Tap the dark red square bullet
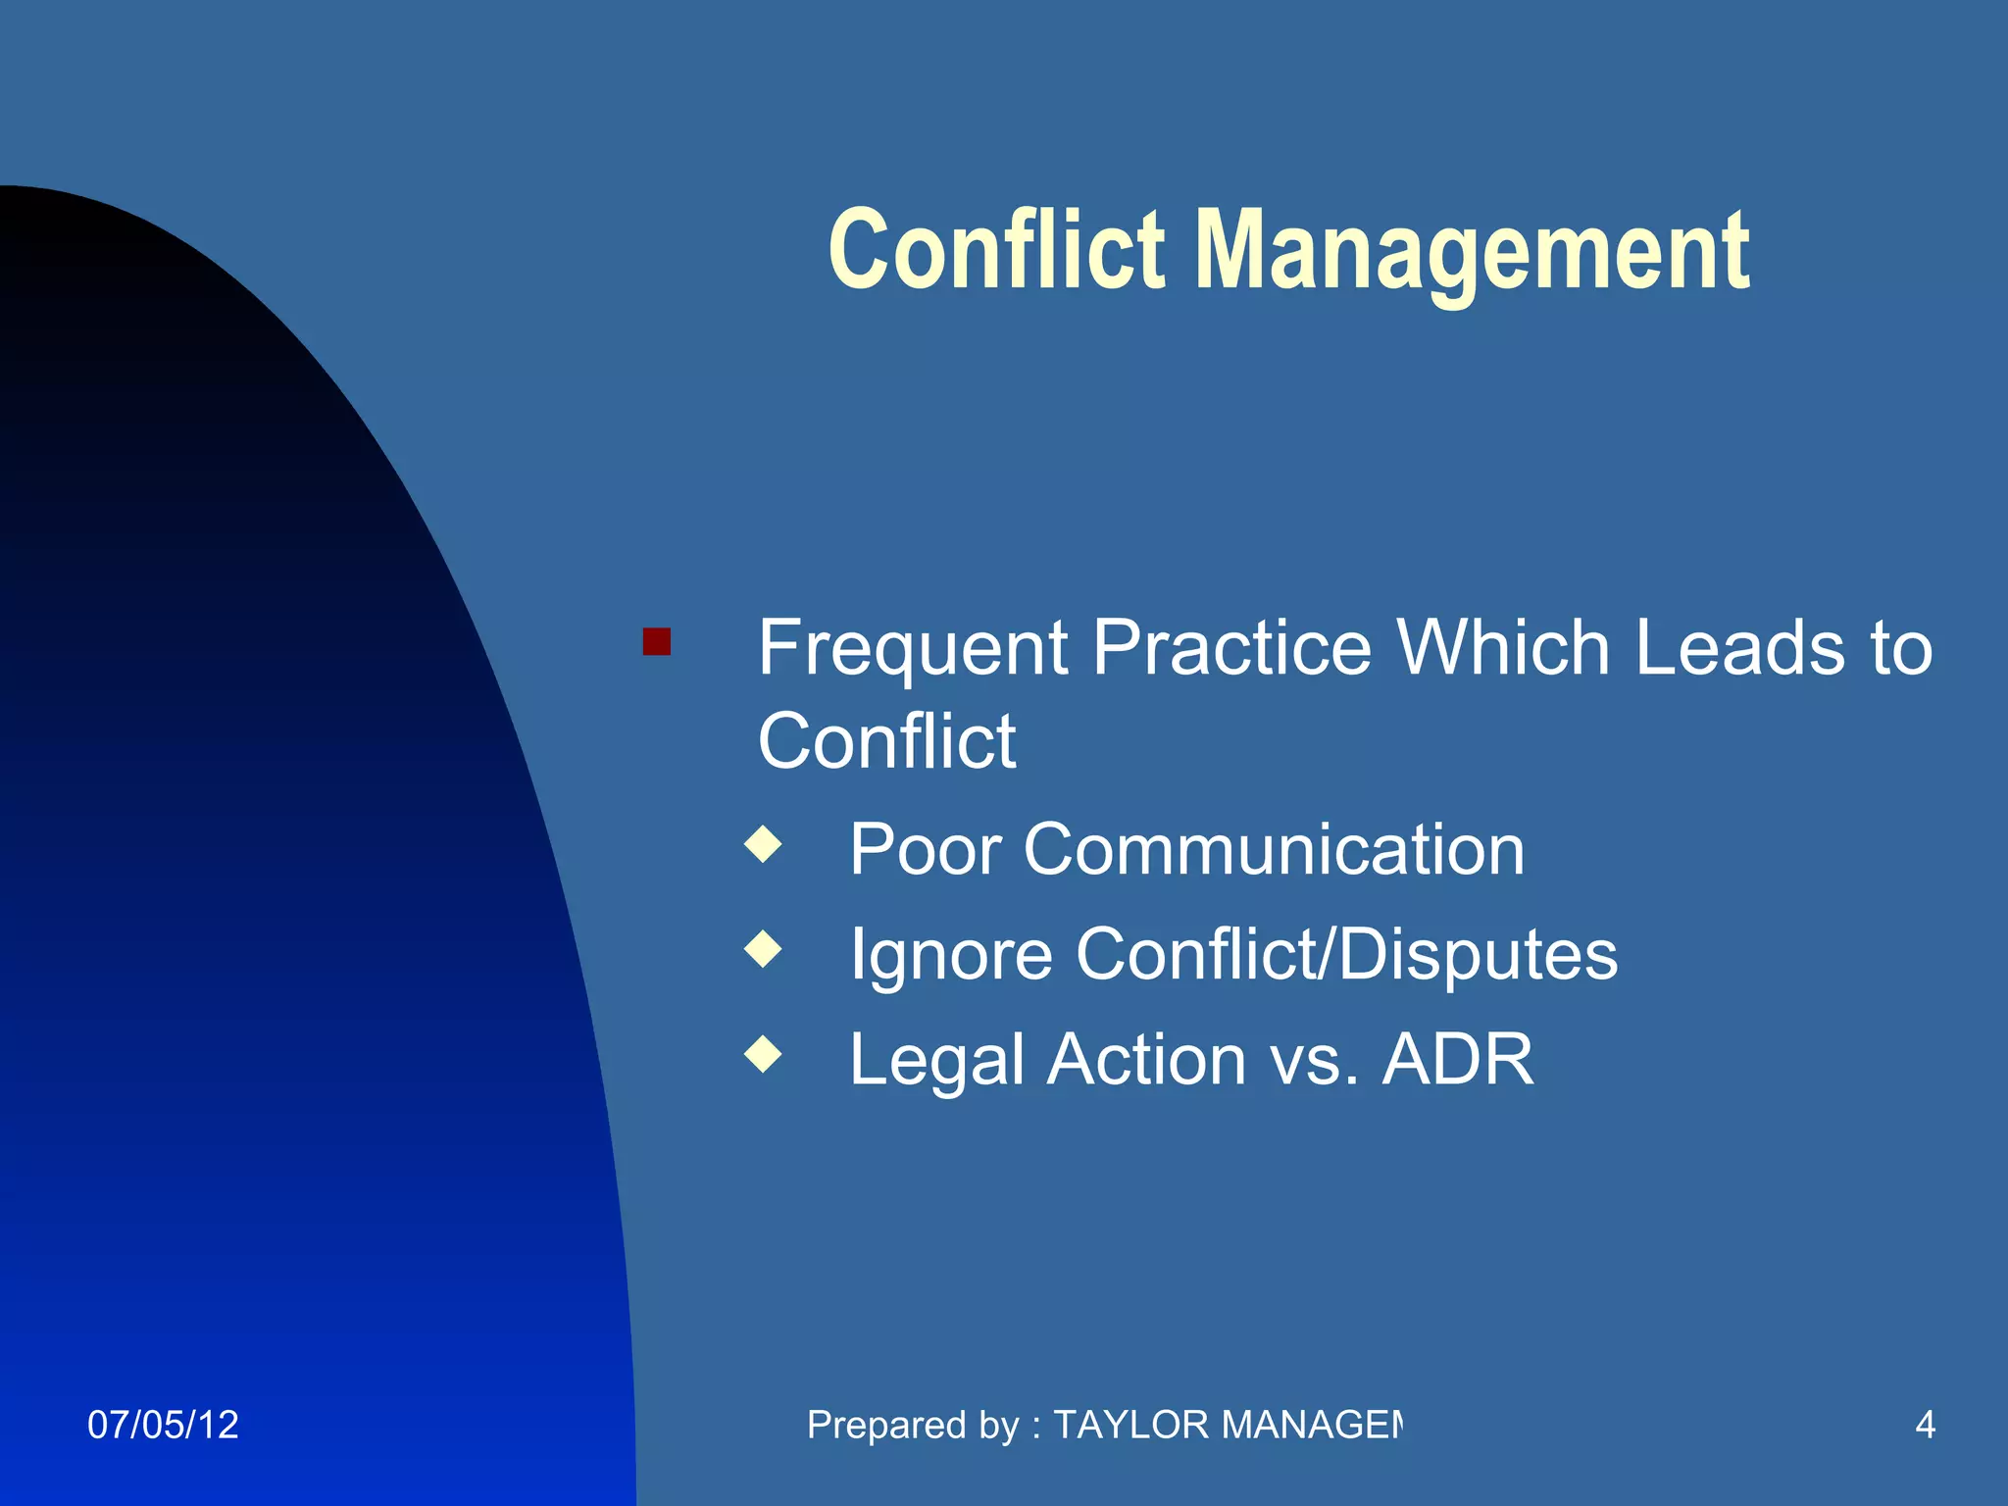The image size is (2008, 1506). pyautogui.click(x=656, y=642)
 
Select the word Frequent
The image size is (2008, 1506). pyautogui.click(x=912, y=649)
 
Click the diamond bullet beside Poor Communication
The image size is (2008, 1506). pyautogui.click(x=763, y=844)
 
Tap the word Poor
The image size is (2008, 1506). pyautogui.click(x=925, y=849)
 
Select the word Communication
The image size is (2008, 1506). pyautogui.click(x=1274, y=849)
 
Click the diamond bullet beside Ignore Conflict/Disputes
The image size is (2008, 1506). pyautogui.click(x=763, y=949)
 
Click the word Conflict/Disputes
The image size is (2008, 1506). pyautogui.click(x=1346, y=953)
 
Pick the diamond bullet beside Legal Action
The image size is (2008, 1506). pyautogui.click(x=763, y=1054)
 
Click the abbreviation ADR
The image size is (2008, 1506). pyautogui.click(x=1457, y=1059)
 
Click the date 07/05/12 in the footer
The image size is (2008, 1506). pyautogui.click(x=163, y=1425)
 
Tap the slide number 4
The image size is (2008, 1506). pyautogui.click(x=1925, y=1425)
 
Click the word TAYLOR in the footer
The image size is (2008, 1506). pyautogui.click(x=1131, y=1425)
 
